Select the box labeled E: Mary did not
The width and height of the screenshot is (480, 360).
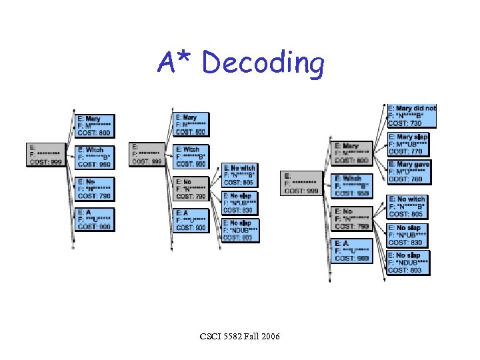coord(412,115)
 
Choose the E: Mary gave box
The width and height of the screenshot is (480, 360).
coord(408,171)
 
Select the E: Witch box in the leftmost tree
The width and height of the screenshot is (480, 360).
coord(95,157)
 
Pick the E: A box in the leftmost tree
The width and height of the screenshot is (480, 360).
coord(95,219)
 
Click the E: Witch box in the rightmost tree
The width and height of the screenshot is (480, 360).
coord(351,186)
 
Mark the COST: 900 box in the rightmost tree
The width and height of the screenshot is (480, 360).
coord(351,251)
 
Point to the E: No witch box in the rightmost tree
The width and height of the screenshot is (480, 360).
coord(407,207)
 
